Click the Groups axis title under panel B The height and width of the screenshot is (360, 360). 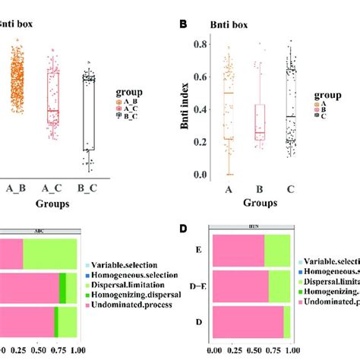260,204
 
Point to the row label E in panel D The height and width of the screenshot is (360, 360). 200,251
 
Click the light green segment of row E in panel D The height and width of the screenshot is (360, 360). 277,251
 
